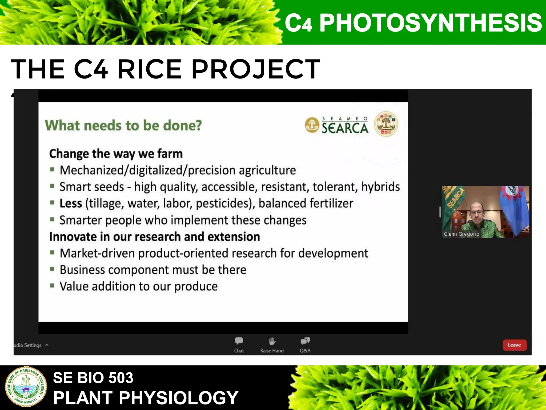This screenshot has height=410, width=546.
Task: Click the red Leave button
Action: pyautogui.click(x=514, y=345)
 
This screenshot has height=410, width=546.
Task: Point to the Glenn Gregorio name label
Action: pyautogui.click(x=461, y=234)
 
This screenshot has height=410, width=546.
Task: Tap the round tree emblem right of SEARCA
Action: pyautogui.click(x=386, y=124)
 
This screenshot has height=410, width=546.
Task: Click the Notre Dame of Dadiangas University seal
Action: pyautogui.click(x=26, y=387)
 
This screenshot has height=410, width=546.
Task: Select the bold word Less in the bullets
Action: pyautogui.click(x=71, y=203)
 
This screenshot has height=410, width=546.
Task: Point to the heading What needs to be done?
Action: pyautogui.click(x=123, y=125)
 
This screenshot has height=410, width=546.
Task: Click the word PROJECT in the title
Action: pyautogui.click(x=256, y=69)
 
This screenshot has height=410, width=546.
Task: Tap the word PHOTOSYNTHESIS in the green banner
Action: pyautogui.click(x=430, y=23)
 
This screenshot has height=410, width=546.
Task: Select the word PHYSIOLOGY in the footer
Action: pyautogui.click(x=178, y=398)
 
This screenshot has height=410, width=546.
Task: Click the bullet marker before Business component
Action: pyautogui.click(x=52, y=269)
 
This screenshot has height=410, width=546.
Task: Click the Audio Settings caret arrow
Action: pyautogui.click(x=47, y=345)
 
